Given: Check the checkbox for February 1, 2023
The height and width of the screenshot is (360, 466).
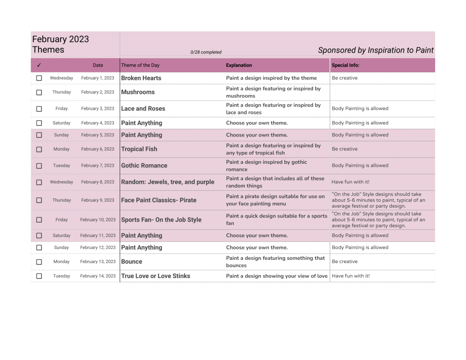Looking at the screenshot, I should (39, 78).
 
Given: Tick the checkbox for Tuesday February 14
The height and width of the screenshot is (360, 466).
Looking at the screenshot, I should (39, 276).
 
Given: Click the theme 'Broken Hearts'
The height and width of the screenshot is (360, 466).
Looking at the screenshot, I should (141, 78).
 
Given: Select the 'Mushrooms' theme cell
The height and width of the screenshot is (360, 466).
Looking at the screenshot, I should (138, 92).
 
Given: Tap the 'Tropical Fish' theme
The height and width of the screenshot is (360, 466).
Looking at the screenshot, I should (139, 149).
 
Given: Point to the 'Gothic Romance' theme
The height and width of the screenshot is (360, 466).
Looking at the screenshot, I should (144, 166).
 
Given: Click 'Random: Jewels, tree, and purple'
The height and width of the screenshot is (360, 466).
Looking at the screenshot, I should (167, 182).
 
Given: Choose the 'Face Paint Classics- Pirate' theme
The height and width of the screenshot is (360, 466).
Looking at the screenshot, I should (159, 200).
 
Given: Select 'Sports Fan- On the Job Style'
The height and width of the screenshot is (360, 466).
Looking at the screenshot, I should (161, 220).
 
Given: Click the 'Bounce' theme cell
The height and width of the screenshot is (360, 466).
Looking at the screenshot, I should (132, 262).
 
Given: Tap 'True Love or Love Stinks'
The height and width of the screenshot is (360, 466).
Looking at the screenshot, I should (156, 276).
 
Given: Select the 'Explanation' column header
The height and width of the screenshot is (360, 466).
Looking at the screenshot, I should (239, 66).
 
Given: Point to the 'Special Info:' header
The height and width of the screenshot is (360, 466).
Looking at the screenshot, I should (345, 66).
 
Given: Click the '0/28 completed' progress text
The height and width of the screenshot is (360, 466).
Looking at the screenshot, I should (206, 52).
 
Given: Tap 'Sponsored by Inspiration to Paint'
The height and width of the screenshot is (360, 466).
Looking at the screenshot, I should (376, 51).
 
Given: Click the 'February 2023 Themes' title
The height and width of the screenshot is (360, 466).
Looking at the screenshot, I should (61, 45).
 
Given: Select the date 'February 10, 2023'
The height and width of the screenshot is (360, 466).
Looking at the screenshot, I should (98, 220).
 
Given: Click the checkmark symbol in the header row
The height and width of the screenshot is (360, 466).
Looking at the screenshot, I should (39, 66).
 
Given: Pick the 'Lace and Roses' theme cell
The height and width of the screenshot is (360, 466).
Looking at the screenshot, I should (143, 109).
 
